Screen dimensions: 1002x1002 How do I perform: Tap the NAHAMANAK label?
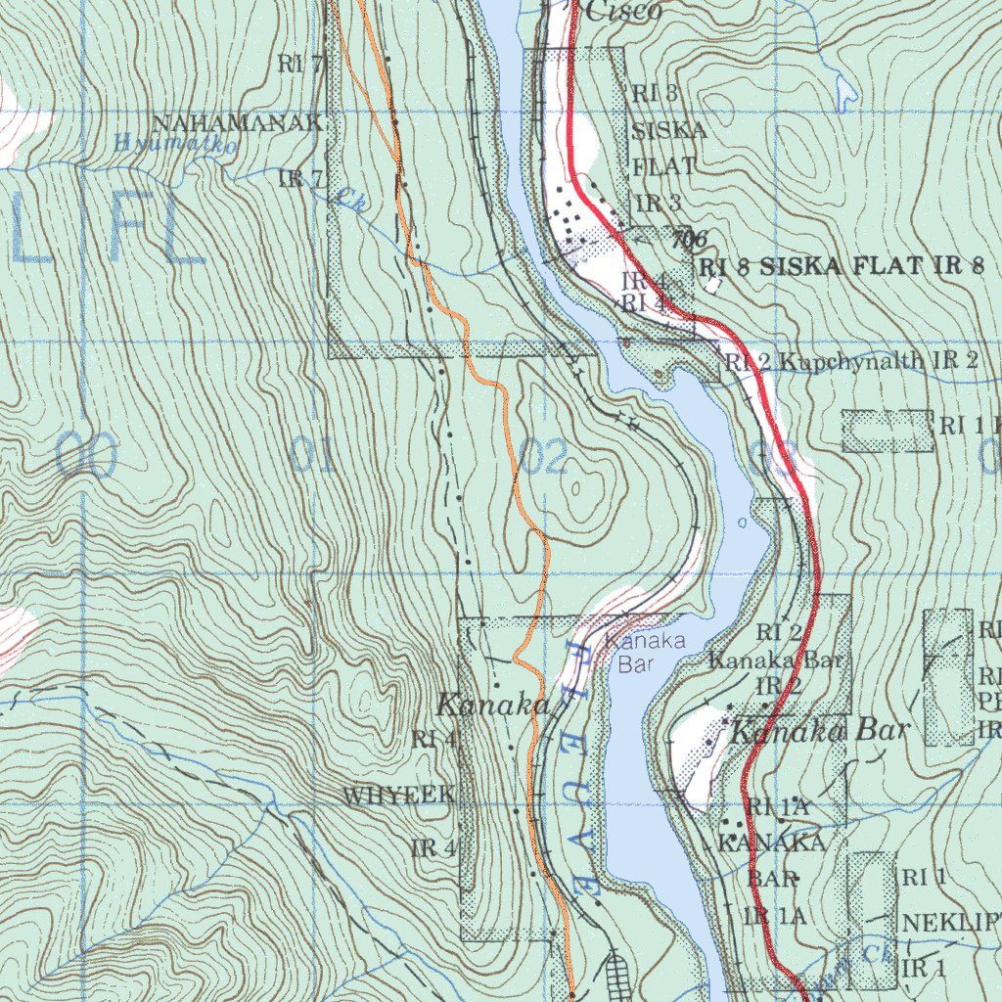point(237,123)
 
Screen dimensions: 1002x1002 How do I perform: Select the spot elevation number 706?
point(690,238)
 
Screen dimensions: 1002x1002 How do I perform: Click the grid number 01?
point(312,456)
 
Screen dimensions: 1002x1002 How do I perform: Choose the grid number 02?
point(544,456)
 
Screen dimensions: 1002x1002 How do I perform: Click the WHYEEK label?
point(398,797)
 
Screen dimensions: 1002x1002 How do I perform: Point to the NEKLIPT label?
point(950,923)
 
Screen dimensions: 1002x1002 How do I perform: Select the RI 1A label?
point(778,807)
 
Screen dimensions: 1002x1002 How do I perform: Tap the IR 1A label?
point(775,916)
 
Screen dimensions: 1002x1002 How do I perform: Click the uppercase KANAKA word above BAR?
point(772,842)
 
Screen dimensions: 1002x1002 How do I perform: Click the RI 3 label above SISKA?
point(656,94)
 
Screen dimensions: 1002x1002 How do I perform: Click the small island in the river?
point(741,523)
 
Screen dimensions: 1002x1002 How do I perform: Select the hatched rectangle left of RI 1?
point(888,431)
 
